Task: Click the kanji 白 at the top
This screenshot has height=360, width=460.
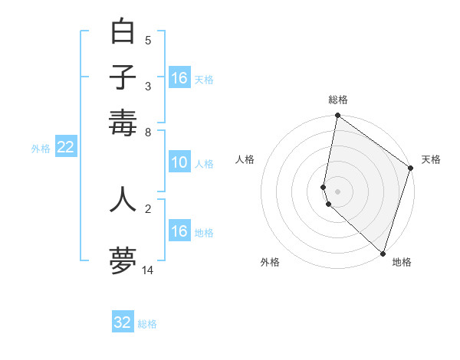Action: (123, 31)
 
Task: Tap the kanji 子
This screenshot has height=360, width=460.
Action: (123, 77)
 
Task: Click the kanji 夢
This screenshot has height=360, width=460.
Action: (123, 260)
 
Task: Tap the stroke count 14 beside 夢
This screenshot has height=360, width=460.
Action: (148, 270)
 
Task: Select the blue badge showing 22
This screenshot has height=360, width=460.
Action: (65, 148)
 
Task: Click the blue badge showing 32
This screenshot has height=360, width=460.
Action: (123, 322)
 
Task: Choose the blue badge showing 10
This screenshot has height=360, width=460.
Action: (179, 162)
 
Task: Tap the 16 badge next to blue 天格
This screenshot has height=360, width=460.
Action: (179, 78)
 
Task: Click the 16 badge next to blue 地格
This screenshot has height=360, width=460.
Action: (179, 231)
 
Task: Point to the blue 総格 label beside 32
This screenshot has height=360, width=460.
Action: (147, 324)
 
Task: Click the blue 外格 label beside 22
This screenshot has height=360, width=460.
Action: (41, 149)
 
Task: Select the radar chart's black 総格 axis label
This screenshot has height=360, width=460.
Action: (338, 100)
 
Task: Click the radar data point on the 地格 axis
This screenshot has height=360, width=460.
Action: (383, 254)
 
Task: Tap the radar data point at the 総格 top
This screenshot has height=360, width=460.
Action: (337, 116)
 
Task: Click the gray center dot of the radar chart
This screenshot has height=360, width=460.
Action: (337, 191)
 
